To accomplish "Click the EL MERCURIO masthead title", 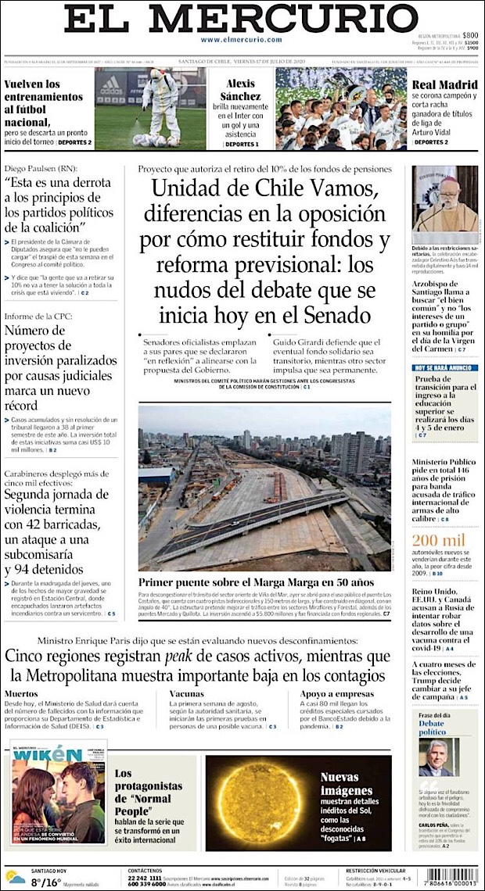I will (241, 19).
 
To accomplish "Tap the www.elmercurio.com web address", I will (241, 40).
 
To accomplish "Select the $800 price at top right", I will (470, 36).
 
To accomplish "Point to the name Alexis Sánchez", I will (240, 90).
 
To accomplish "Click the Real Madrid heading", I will (444, 84).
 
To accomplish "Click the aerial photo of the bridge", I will (264, 488).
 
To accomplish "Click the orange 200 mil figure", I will (439, 541).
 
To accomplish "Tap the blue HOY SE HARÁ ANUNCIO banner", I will (444, 367).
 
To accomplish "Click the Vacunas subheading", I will (186, 693).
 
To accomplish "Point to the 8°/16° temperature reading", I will (45, 883).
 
